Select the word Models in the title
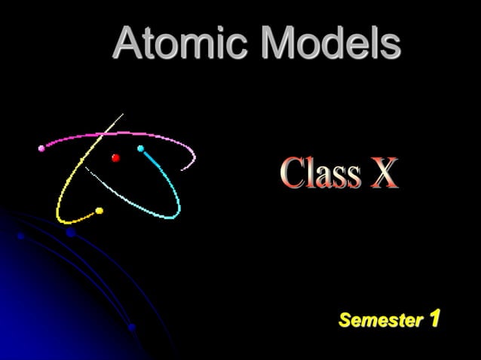331,43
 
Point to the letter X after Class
382,174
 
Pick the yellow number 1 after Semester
434,319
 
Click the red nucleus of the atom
115,157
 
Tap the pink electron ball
41,148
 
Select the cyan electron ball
140,149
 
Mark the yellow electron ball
99,212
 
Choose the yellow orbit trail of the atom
64,188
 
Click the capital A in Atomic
129,43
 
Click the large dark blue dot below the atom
71,233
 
